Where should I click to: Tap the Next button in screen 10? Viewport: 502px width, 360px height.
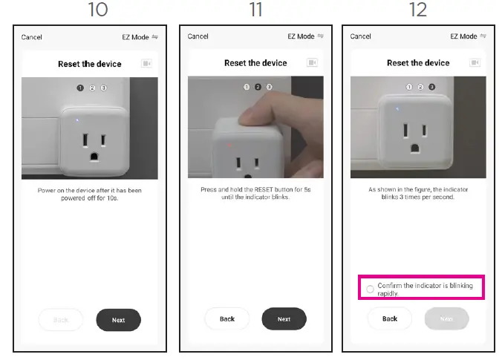click(118, 320)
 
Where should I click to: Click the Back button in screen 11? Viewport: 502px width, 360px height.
click(226, 319)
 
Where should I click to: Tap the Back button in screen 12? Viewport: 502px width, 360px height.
click(389, 318)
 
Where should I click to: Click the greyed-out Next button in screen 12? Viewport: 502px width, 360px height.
click(446, 318)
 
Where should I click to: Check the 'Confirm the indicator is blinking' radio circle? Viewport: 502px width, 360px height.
click(370, 289)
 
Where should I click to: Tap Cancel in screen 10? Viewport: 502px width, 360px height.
click(31, 36)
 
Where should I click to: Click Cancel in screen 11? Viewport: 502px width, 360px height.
click(198, 36)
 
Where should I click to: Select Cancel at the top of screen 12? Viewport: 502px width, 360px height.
click(360, 36)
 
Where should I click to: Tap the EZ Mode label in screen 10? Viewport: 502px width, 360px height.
click(135, 36)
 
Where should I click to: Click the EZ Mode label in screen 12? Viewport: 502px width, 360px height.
click(463, 36)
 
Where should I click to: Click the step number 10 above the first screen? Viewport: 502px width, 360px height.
click(97, 10)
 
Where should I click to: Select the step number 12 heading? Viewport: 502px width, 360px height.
click(418, 10)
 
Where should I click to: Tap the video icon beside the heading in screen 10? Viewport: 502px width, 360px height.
click(147, 64)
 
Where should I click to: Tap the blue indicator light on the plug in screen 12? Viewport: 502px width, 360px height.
click(398, 109)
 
